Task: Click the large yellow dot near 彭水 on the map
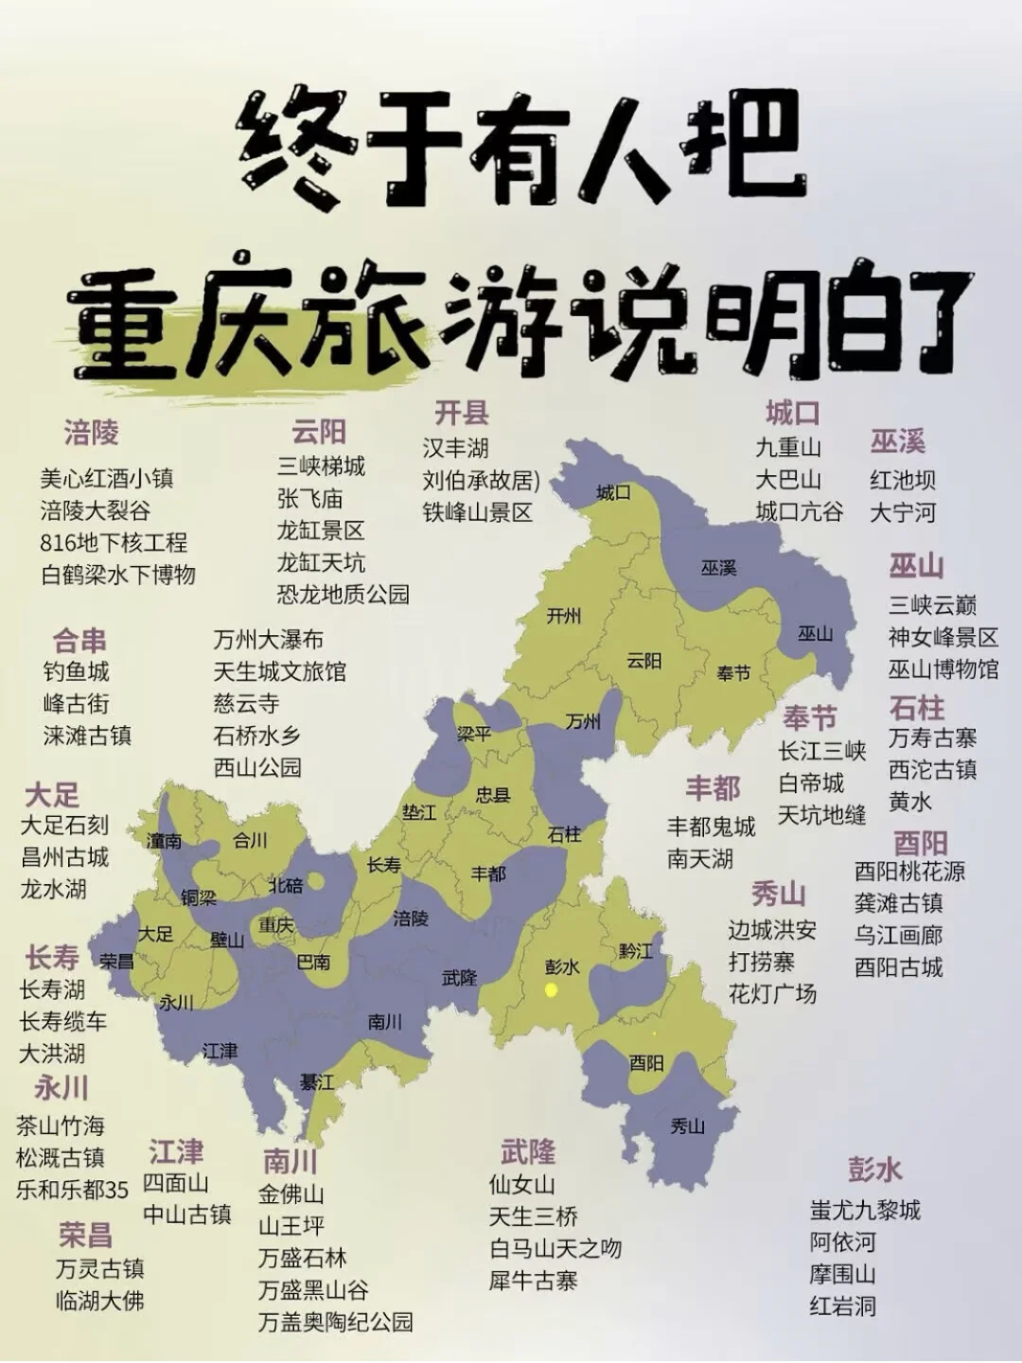[x=551, y=990]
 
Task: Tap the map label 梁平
[x=473, y=734]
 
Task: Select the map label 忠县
[x=493, y=794]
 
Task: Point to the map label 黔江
[x=636, y=950]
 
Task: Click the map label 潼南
[x=164, y=840]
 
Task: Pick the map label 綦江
[x=317, y=1081]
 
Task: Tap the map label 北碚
[x=286, y=885]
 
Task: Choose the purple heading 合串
[x=79, y=641]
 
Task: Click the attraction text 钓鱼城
[x=77, y=672]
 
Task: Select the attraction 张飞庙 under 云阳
[x=309, y=499]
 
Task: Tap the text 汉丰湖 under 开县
[x=455, y=448]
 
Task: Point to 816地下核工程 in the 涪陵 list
[x=114, y=542]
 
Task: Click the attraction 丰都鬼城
[x=711, y=826]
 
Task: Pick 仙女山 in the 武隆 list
[x=521, y=1184]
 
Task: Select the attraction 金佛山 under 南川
[x=291, y=1194]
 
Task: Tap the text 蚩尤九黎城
[x=865, y=1210]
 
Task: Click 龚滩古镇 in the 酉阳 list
[x=898, y=903]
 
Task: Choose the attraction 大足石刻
[x=64, y=825]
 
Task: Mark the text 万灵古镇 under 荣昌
[x=99, y=1268]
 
